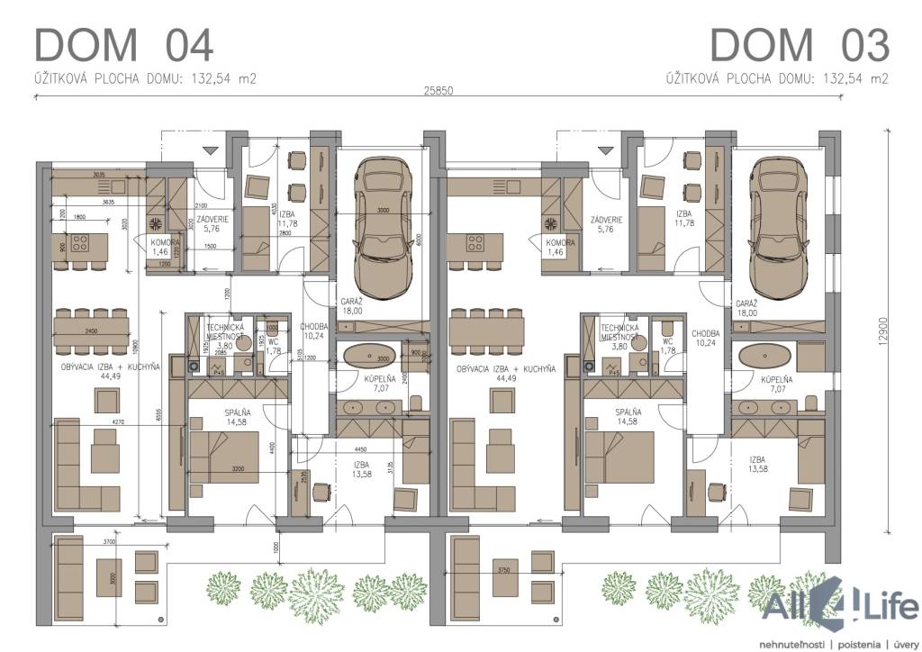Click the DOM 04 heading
coord(123,45)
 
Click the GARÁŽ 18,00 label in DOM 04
coord(351,305)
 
